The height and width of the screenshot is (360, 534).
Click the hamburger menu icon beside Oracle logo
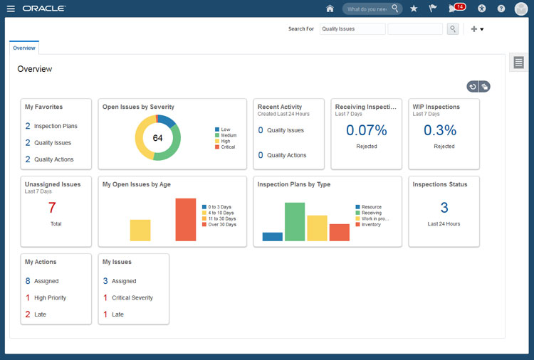click(11, 9)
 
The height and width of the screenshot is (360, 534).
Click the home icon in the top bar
click(330, 9)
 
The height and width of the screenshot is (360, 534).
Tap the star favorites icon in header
click(414, 9)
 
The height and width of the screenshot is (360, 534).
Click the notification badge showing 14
click(459, 7)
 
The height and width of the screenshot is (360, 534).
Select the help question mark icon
click(501, 9)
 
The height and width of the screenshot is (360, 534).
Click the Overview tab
click(24, 48)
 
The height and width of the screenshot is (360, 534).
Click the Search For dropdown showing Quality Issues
click(352, 29)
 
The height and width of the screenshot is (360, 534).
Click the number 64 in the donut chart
click(157, 137)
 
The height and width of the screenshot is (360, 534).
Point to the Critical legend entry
click(227, 147)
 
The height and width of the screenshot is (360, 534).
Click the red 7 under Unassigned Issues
click(52, 208)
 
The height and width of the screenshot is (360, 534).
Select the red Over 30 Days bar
click(185, 219)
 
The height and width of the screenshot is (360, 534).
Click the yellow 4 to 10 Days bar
click(140, 230)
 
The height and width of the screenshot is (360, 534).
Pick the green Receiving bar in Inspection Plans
click(295, 222)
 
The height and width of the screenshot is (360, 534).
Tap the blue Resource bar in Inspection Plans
click(272, 236)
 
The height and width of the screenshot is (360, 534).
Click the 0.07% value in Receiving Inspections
click(367, 130)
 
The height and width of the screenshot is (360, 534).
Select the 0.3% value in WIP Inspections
click(444, 130)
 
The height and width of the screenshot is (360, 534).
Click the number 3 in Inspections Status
click(444, 208)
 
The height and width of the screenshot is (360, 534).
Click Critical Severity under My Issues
click(132, 297)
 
